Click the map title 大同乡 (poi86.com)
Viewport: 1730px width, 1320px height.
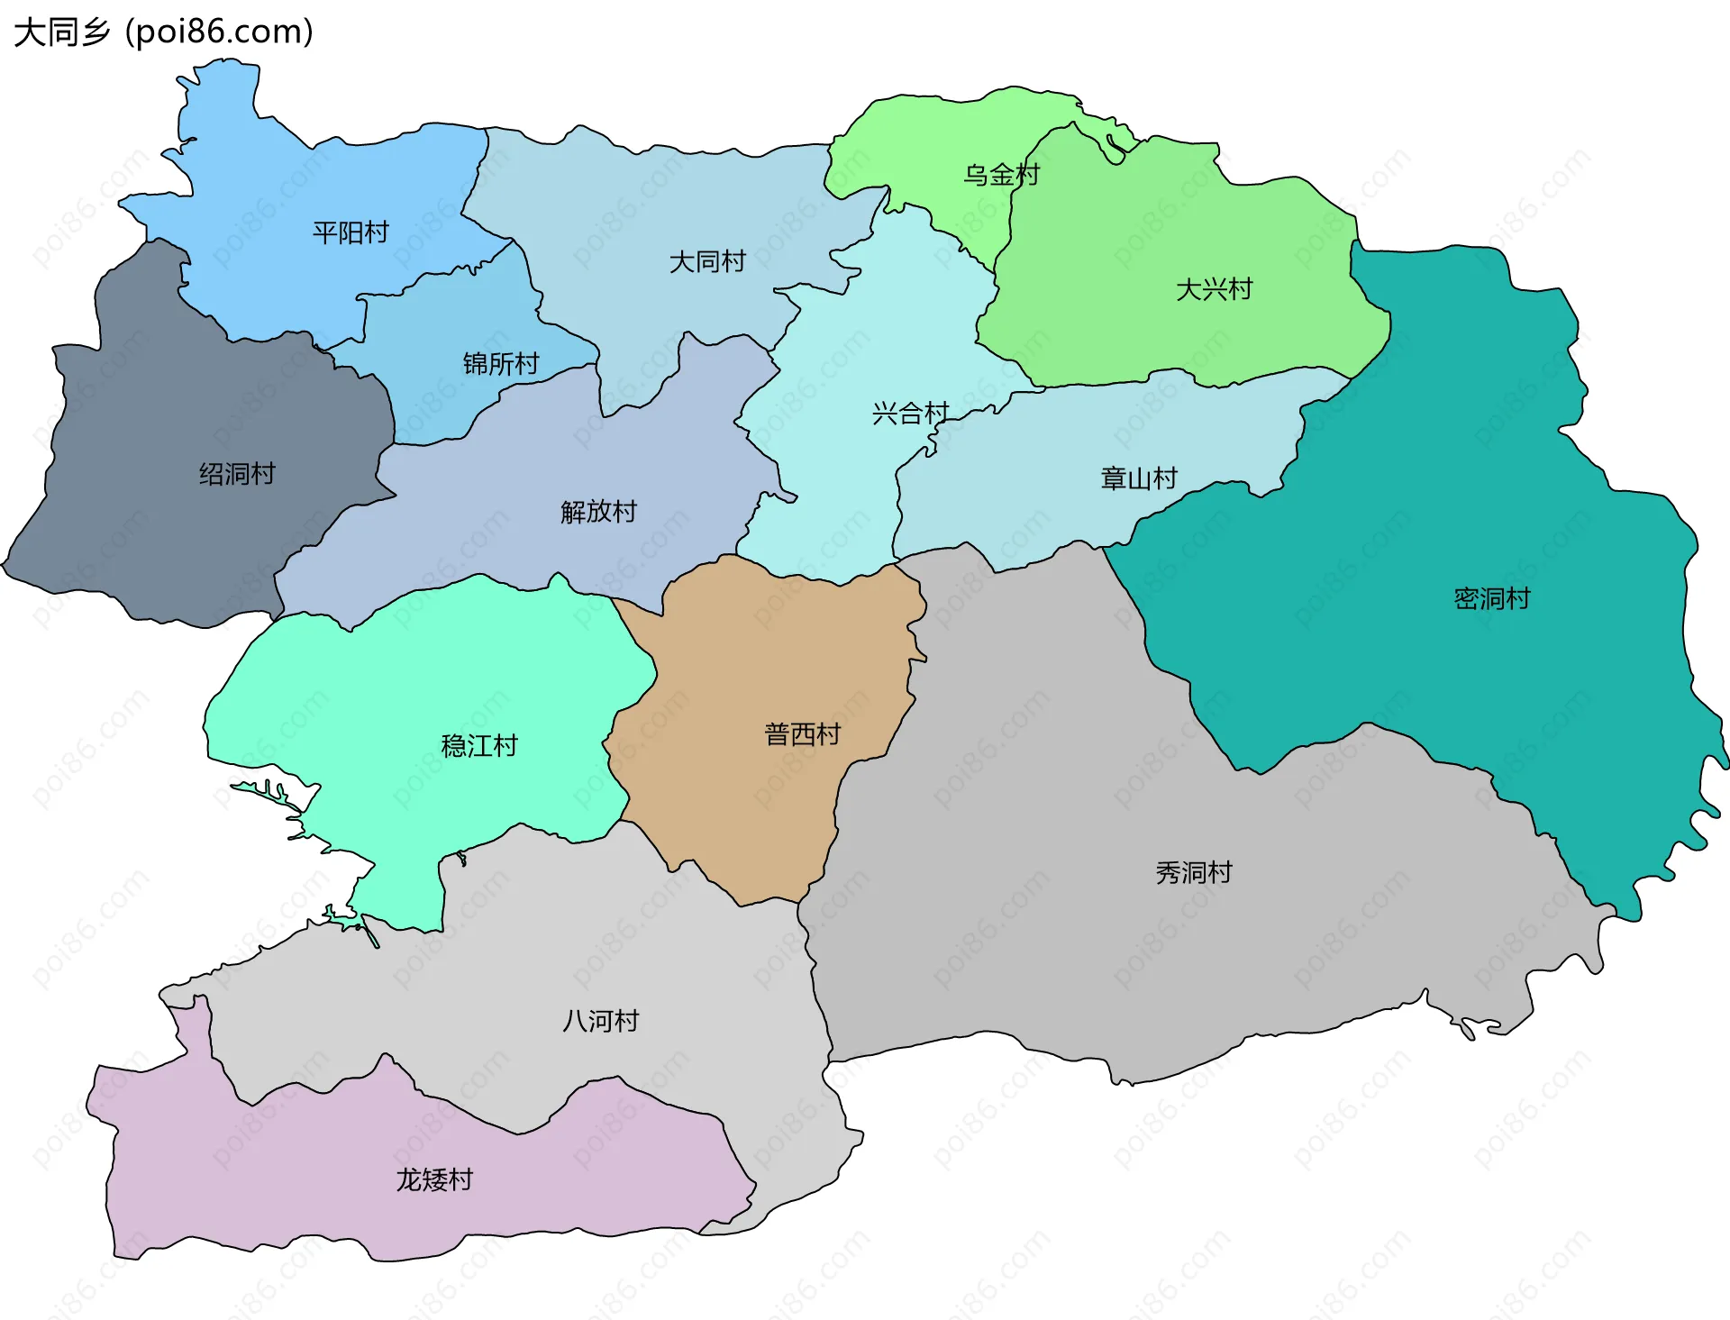[x=163, y=32]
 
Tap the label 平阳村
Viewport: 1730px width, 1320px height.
[x=351, y=233]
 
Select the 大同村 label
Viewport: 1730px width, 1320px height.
[x=707, y=262]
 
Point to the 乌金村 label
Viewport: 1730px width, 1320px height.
[x=1001, y=175]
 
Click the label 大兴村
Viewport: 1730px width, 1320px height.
[x=1214, y=290]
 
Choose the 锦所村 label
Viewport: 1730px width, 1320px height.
[x=501, y=364]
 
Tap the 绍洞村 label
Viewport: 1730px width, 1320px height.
[x=237, y=474]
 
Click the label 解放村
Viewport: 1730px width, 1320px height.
[x=598, y=512]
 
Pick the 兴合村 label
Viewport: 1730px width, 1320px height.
[x=910, y=414]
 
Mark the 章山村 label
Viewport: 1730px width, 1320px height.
[x=1139, y=478]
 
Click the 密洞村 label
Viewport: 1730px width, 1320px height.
[x=1492, y=598]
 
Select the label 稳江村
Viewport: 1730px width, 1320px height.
[x=479, y=746]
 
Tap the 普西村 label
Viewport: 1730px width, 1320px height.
[x=802, y=734]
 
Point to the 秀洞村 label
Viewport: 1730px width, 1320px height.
[x=1194, y=872]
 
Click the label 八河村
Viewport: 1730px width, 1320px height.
[x=600, y=1021]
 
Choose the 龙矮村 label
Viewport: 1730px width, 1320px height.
[x=434, y=1179]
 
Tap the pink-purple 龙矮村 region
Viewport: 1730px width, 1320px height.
[x=270, y=1171]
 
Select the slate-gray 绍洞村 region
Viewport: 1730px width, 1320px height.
[x=180, y=541]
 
